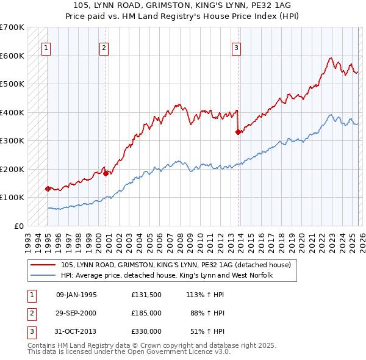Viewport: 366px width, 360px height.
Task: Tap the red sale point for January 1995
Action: tap(48, 189)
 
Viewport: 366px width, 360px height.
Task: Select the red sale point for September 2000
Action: tap(106, 173)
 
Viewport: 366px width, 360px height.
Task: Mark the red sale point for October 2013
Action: tap(238, 132)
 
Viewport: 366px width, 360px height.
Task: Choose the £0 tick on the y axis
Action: tap(18, 226)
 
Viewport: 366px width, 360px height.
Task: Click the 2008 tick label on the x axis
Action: tap(179, 239)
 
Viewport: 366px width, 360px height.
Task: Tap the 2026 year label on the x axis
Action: tap(361, 239)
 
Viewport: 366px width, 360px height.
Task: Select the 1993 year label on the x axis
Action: tap(28, 239)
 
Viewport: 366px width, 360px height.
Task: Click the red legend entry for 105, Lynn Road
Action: tap(176, 265)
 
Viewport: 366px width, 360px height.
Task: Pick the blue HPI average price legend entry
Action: tap(165, 276)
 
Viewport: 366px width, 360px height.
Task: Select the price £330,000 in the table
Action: tap(146, 331)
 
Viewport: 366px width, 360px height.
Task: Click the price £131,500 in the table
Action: tap(146, 295)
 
